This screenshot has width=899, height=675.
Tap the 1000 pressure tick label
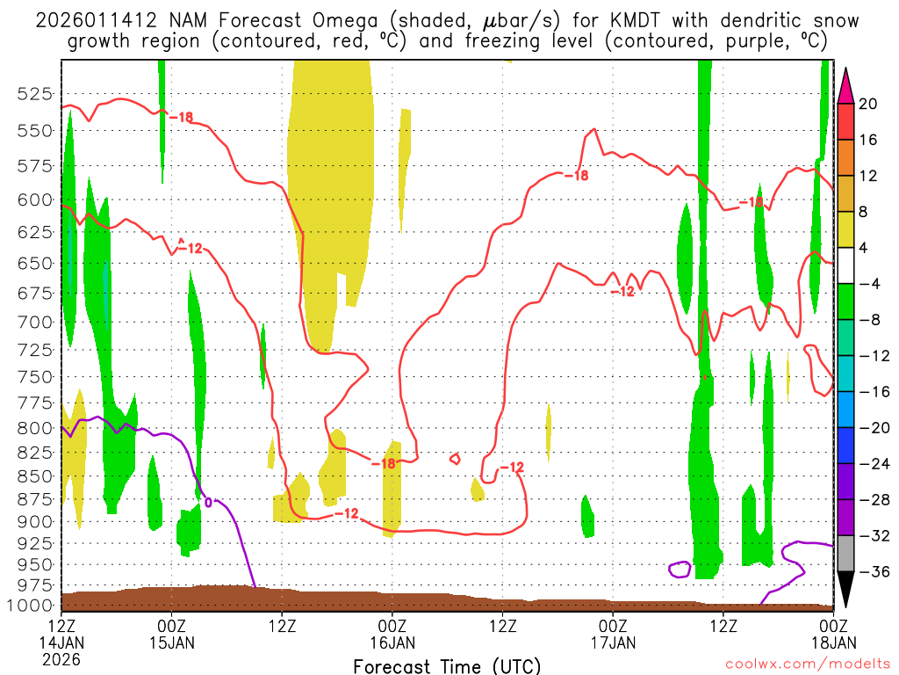pyautogui.click(x=34, y=606)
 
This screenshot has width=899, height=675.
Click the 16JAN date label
pyautogui.click(x=392, y=642)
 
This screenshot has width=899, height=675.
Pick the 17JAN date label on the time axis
pyautogui.click(x=613, y=642)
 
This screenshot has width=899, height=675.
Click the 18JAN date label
pyautogui.click(x=832, y=642)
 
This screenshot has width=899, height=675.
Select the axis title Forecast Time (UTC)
pyautogui.click(x=447, y=665)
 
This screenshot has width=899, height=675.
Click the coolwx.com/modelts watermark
pyautogui.click(x=807, y=666)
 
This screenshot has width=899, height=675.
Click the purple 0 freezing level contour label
pyautogui.click(x=208, y=503)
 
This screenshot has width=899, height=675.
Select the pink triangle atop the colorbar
pyautogui.click(x=845, y=84)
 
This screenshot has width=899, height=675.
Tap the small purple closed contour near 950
pyautogui.click(x=680, y=569)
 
